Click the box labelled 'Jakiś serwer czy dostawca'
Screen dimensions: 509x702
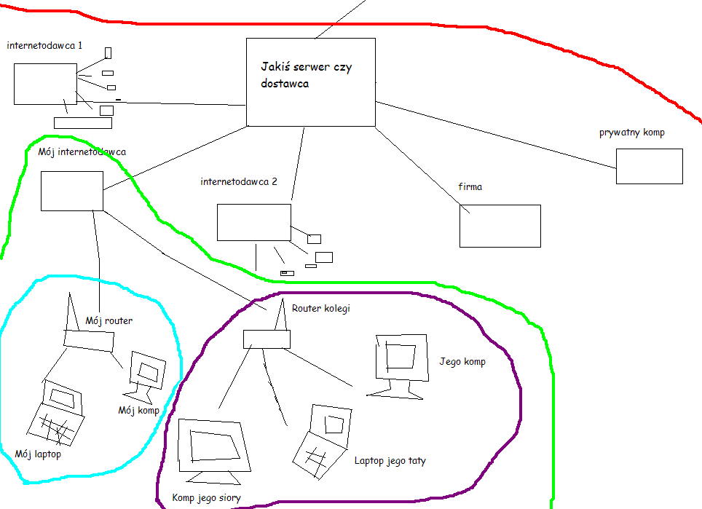(x=311, y=82)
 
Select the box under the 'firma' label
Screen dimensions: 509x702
(x=500, y=226)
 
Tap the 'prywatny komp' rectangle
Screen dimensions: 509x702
(x=649, y=166)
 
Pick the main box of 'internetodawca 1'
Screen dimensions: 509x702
(x=45, y=84)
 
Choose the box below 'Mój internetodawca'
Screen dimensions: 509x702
(x=71, y=192)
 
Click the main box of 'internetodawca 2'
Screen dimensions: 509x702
(x=253, y=222)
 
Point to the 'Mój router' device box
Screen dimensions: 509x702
(x=89, y=339)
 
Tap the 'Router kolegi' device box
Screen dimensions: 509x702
(x=267, y=339)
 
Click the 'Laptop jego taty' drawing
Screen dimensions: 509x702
(x=320, y=440)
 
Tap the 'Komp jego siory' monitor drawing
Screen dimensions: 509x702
(x=215, y=449)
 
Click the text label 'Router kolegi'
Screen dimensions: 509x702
(x=320, y=309)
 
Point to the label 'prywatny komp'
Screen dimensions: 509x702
(x=631, y=133)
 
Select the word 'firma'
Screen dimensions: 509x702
(x=470, y=187)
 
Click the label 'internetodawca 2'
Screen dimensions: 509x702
(x=238, y=182)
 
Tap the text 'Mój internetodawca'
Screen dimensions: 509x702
(x=82, y=152)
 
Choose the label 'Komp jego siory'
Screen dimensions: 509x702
(x=206, y=498)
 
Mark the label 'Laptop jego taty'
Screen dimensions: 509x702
(x=390, y=460)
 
